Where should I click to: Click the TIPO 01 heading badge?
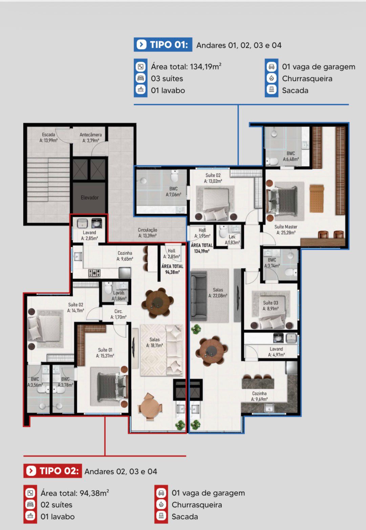point(163,44)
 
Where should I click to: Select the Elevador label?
point(89,197)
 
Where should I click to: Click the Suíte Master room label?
point(286,230)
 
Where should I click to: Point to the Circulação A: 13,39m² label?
point(147,233)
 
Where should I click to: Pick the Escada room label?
point(48,137)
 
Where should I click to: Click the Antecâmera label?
point(91,137)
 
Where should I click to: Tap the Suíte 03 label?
point(271,306)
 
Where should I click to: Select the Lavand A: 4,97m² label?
point(276,352)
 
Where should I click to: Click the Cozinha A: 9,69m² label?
point(259,396)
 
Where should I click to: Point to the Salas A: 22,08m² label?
point(218,293)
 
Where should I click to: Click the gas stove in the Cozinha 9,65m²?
point(94,273)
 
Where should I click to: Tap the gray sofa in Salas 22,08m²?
point(199,296)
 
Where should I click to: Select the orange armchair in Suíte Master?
point(317,198)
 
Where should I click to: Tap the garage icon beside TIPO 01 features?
point(272,66)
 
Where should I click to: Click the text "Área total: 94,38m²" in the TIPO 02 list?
point(75,493)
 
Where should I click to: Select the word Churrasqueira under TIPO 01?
point(307,79)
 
